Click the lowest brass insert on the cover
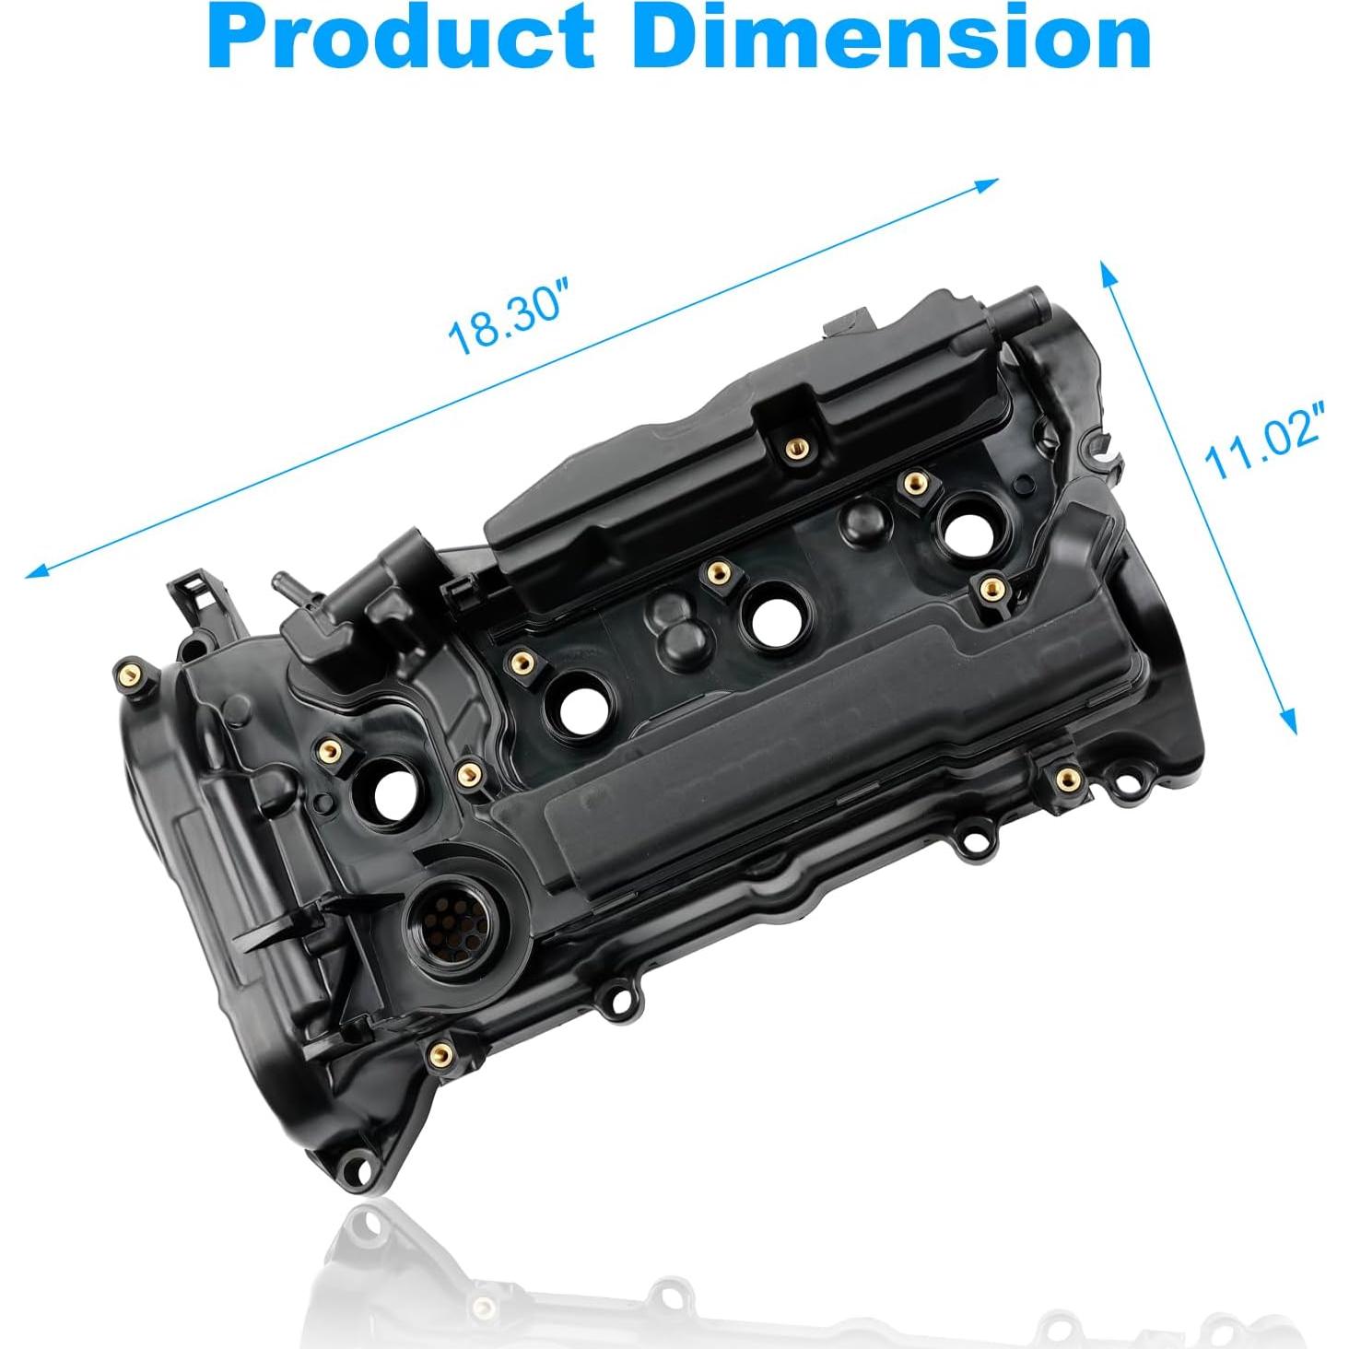(x=442, y=1053)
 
